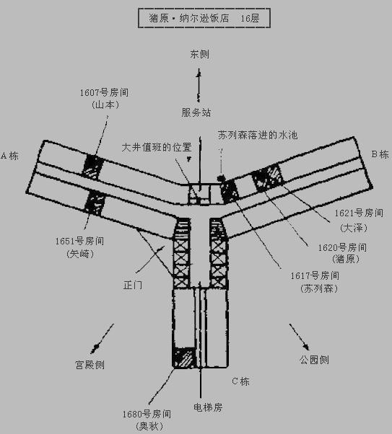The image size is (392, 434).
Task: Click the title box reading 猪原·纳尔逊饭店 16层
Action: click(x=204, y=18)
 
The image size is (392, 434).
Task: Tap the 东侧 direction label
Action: click(x=199, y=54)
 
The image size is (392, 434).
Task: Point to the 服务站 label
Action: click(x=196, y=112)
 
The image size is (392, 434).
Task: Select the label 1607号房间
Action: click(x=104, y=92)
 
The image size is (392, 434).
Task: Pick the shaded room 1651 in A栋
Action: click(x=95, y=203)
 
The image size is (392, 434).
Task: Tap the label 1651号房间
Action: click(x=79, y=241)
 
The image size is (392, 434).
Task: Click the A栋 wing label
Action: click(x=10, y=156)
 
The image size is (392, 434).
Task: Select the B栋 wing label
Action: click(x=380, y=154)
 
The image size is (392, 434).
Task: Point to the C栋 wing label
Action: click(x=240, y=381)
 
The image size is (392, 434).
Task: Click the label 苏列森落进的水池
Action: click(x=258, y=135)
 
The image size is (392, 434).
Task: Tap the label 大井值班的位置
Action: click(x=157, y=147)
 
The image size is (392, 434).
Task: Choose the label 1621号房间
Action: click(x=359, y=213)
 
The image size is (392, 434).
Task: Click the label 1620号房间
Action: click(x=342, y=247)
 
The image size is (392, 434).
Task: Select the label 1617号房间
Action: click(x=315, y=275)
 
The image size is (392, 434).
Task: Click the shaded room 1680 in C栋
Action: click(x=184, y=358)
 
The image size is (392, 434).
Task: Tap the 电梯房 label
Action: click(x=208, y=407)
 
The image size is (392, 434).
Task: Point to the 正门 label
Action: click(x=133, y=285)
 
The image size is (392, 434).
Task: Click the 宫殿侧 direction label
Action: click(x=90, y=365)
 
